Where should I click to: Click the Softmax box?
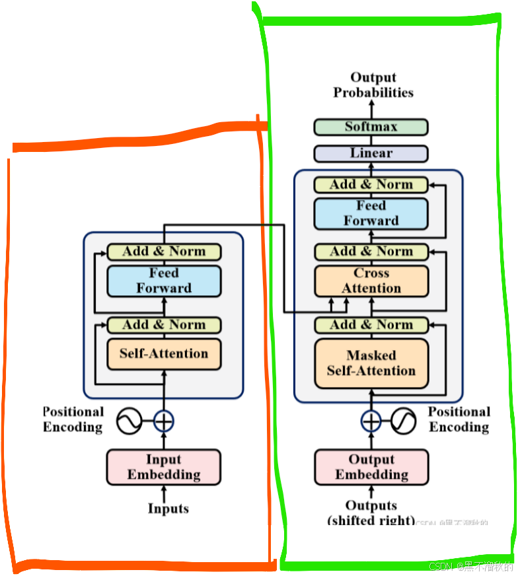coord(371,127)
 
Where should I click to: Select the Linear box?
coord(371,153)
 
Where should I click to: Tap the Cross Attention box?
coord(371,281)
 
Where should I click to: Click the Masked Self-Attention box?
coord(371,363)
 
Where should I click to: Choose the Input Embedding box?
coord(164,467)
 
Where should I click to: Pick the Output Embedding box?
coord(371,467)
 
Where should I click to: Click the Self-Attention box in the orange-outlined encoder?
coord(164,354)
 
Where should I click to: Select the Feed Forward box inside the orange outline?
coord(164,281)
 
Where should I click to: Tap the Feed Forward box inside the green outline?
coord(371,213)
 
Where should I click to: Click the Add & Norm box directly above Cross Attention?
coord(371,252)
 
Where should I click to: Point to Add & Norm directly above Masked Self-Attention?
coord(371,325)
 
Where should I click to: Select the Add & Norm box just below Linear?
coord(371,185)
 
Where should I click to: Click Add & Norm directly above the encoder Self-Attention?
coord(164,325)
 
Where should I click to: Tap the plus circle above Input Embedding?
coord(164,421)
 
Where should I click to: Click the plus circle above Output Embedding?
coord(371,421)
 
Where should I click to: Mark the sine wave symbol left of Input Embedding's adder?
coord(130,421)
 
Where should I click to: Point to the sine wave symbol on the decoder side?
coord(403,421)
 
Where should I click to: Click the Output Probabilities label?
coord(373,85)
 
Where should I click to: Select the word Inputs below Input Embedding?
coord(168,509)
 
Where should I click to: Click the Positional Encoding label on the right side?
coord(459,419)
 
